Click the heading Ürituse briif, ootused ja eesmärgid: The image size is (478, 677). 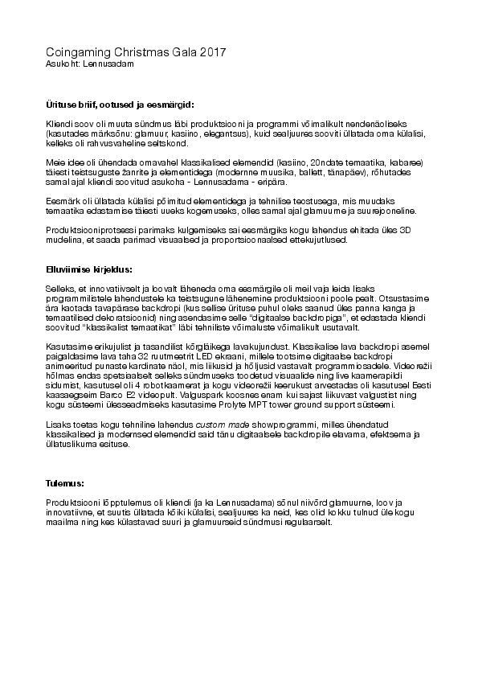120,105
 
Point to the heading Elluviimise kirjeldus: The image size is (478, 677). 89,269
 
